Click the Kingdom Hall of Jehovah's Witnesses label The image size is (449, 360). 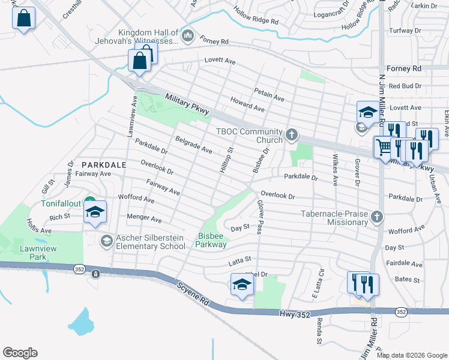(148, 37)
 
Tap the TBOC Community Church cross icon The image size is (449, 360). (292, 134)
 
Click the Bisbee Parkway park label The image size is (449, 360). (211, 240)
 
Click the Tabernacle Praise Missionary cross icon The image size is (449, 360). (377, 216)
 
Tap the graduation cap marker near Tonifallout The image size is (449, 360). (95, 213)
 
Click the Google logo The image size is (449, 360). (20, 353)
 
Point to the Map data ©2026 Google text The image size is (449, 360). (411, 355)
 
